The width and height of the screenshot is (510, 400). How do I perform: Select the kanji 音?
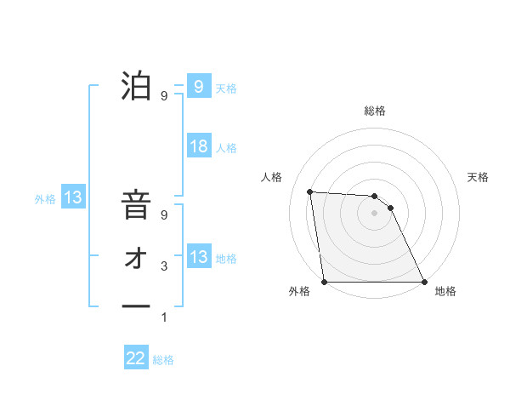(136, 207)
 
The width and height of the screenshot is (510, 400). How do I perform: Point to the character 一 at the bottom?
(136, 306)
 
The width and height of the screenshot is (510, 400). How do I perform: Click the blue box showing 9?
(198, 87)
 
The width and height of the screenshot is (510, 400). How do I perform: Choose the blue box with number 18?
(198, 146)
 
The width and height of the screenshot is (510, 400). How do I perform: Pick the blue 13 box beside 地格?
(198, 257)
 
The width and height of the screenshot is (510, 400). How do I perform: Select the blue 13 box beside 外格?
(73, 198)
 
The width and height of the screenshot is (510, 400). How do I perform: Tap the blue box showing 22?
(136, 358)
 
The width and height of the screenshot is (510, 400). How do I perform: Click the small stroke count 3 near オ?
(164, 267)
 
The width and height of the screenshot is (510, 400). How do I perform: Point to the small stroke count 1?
(164, 317)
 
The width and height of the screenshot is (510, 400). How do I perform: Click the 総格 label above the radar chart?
(375, 111)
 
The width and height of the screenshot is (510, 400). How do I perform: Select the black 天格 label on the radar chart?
(478, 177)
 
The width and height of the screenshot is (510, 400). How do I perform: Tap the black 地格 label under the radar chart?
(445, 292)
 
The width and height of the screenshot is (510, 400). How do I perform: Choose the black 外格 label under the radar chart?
(299, 292)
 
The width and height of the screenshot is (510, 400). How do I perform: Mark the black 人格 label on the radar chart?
(271, 177)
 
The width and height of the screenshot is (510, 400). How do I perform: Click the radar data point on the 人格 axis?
(310, 191)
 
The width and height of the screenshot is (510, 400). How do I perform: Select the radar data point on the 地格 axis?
(424, 282)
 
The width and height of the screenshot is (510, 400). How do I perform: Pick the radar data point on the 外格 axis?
(325, 282)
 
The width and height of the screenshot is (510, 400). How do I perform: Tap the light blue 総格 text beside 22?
(163, 360)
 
